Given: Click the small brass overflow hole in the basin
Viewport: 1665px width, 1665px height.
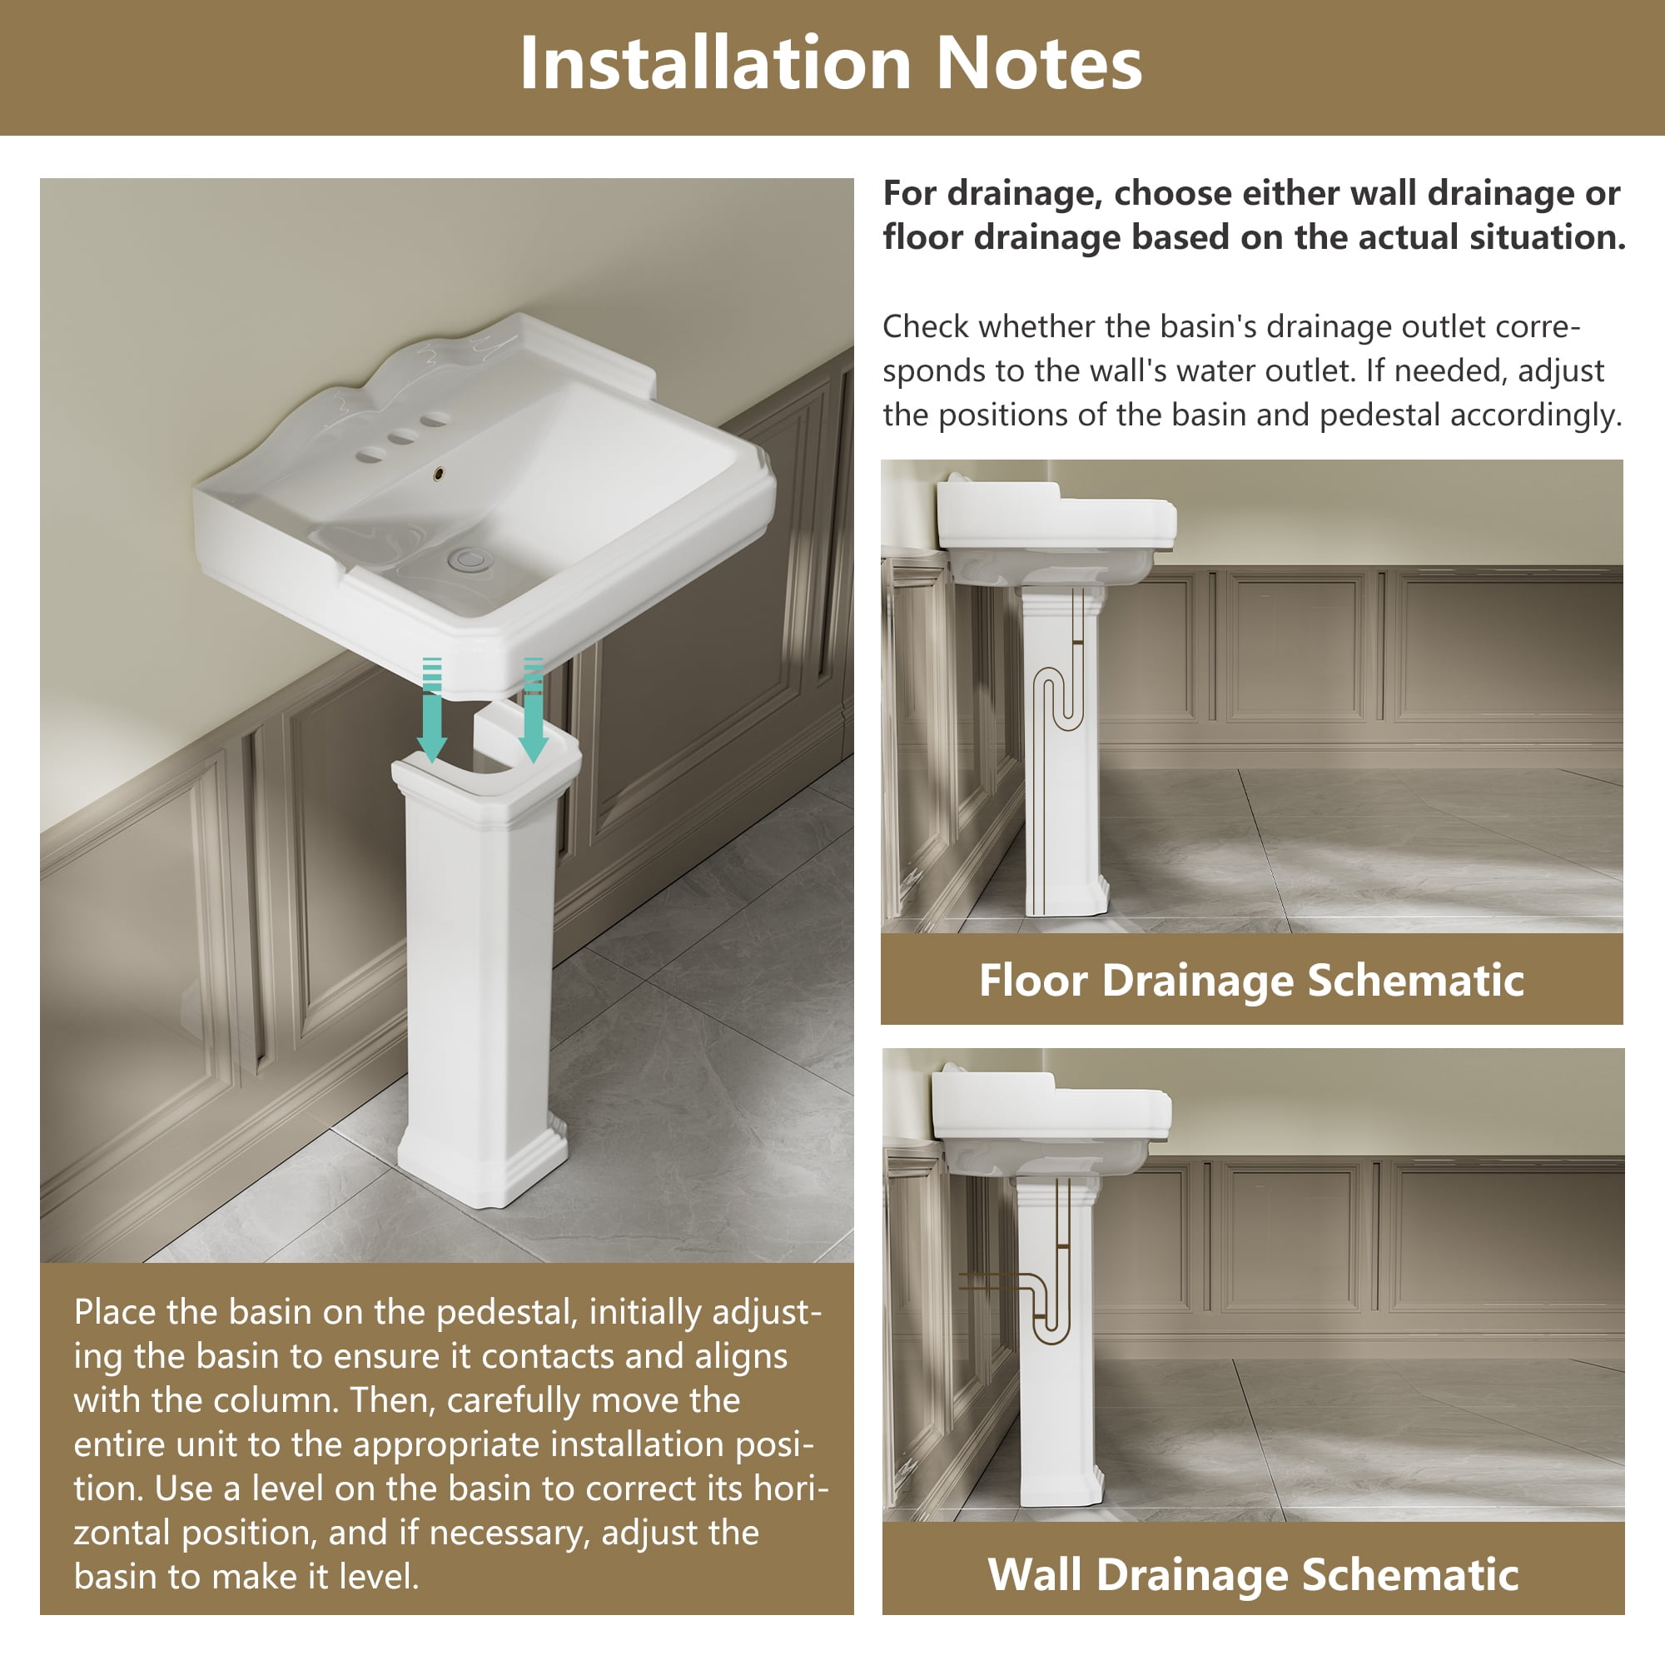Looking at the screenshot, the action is [x=440, y=472].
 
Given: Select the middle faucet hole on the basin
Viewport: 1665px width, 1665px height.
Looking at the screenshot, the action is [x=401, y=438].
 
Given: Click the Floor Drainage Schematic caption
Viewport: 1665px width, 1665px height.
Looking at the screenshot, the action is [x=1251, y=980].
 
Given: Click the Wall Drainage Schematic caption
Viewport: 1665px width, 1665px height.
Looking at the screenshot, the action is [x=1252, y=1574].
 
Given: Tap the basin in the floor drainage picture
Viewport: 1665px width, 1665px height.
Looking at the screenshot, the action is [x=1056, y=530].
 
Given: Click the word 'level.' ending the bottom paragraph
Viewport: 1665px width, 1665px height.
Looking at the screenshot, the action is [x=379, y=1576].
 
